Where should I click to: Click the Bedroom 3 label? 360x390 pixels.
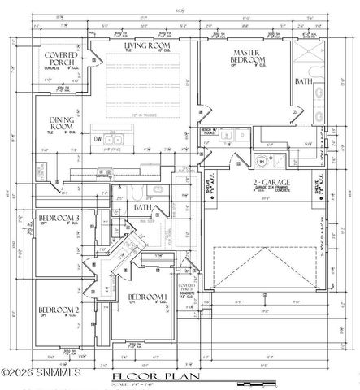(x=59, y=219)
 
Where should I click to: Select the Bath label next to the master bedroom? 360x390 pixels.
(x=302, y=81)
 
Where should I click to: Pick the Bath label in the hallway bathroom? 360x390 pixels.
(x=142, y=208)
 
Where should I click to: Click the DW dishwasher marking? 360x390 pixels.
(x=97, y=139)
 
